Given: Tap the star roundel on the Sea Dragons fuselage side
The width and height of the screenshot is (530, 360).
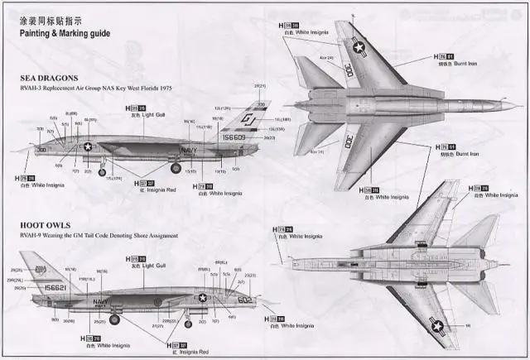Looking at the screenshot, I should click(x=89, y=146).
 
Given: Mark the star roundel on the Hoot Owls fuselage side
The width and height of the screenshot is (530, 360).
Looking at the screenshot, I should click(x=201, y=299).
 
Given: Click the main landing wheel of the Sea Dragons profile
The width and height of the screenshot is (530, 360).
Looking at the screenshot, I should click(x=176, y=169).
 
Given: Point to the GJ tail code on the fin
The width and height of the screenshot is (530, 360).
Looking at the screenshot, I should click(x=250, y=121).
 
